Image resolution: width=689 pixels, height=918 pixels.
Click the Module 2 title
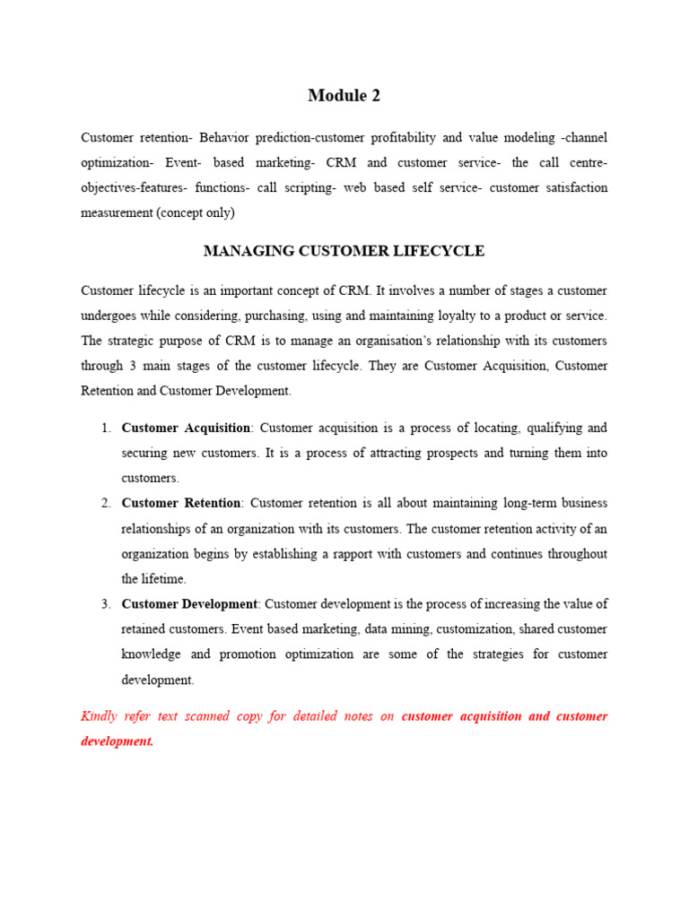tap(344, 96)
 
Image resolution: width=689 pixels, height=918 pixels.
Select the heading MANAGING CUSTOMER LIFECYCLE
tap(344, 251)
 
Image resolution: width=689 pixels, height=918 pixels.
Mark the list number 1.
tap(105, 428)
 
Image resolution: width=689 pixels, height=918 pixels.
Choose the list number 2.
tap(105, 503)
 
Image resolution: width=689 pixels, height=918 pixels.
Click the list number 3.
tap(105, 604)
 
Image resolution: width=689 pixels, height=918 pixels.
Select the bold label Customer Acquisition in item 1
tap(186, 428)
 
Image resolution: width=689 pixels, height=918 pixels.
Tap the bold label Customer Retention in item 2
tap(180, 503)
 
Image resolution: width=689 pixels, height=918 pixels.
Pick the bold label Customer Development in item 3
tap(189, 604)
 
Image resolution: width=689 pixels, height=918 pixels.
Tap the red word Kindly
tap(100, 716)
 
